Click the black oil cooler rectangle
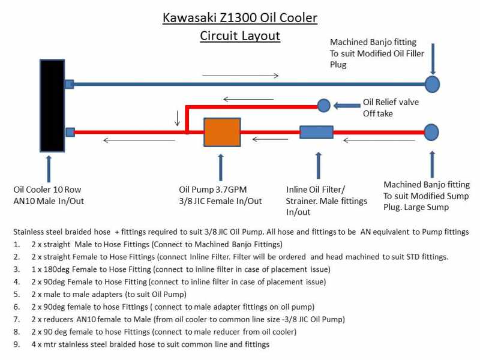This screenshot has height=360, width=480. (x=52, y=105)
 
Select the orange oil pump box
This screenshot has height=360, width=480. (x=222, y=132)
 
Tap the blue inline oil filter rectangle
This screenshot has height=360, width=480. (x=316, y=132)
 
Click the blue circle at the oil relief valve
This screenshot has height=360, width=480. (x=323, y=106)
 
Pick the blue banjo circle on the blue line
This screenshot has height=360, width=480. (x=432, y=84)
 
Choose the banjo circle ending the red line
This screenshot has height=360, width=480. (x=431, y=132)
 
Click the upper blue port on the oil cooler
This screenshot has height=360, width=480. (x=69, y=84)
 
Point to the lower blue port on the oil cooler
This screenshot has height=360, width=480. (x=69, y=132)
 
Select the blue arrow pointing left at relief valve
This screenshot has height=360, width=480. (x=347, y=106)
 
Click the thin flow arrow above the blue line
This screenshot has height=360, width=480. (x=240, y=76)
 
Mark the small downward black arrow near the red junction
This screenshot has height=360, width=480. (x=177, y=119)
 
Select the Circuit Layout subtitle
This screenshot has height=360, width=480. (x=240, y=36)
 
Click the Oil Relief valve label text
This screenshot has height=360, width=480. (x=391, y=102)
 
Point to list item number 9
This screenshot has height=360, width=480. (x=16, y=344)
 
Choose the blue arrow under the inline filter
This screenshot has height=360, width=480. (x=318, y=166)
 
